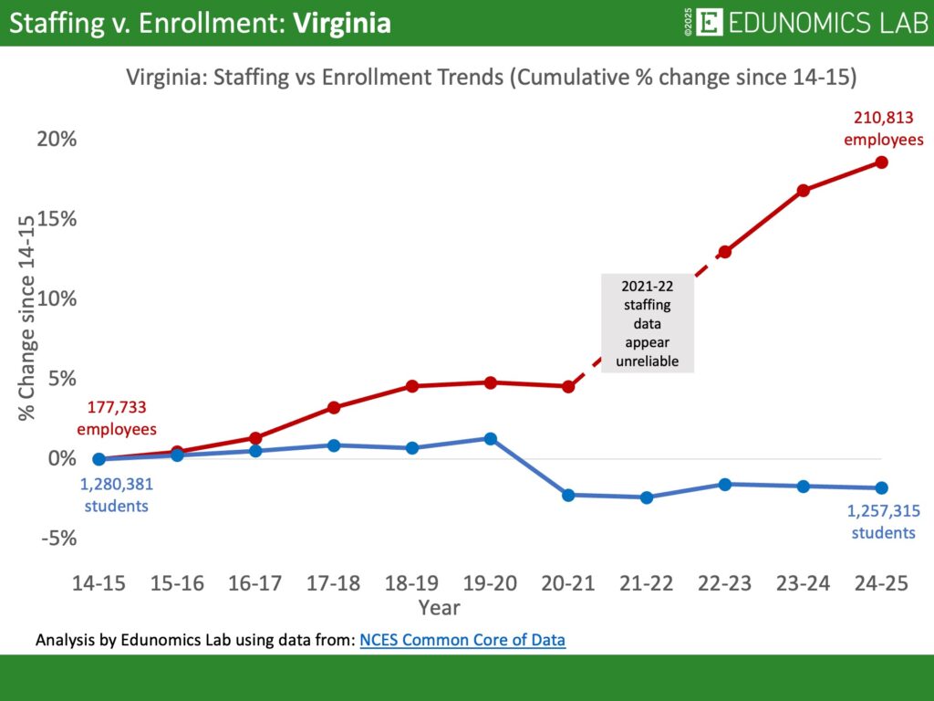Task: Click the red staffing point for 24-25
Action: [x=881, y=162]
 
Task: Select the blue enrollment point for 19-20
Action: [x=491, y=439]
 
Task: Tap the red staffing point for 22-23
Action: [x=725, y=252]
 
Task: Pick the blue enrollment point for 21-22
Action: [x=647, y=497]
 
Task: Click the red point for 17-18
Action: [x=334, y=407]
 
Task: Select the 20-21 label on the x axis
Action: [x=568, y=584]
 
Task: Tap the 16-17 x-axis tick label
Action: [x=256, y=584]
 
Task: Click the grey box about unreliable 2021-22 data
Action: [x=647, y=323]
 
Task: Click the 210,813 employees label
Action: [x=883, y=129]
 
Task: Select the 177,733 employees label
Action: [x=117, y=418]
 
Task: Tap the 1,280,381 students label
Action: [x=116, y=495]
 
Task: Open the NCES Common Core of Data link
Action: [x=462, y=640]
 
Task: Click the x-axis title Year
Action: [x=439, y=607]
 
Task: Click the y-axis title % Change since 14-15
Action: [x=27, y=318]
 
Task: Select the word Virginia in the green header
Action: [x=342, y=23]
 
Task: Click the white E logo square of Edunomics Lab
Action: [x=709, y=22]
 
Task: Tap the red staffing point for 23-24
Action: [x=804, y=191]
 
